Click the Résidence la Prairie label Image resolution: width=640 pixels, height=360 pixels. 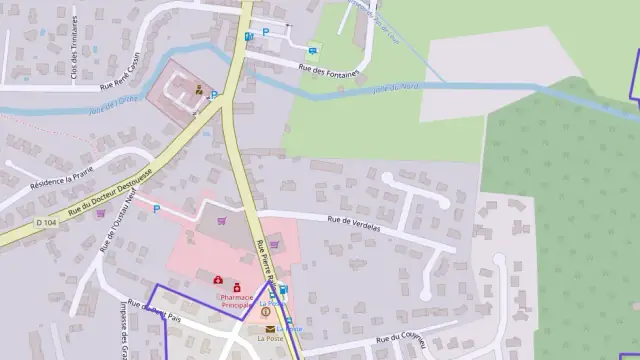(67, 181)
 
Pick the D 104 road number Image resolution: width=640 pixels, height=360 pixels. (46, 222)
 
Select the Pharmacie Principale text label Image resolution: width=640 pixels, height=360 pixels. (237, 301)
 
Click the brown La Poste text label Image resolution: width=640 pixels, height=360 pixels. (270, 339)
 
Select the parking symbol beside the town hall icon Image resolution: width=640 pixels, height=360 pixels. (213, 95)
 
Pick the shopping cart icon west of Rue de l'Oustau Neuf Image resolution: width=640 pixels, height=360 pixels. (100, 212)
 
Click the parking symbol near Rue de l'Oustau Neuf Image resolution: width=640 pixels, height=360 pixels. (156, 209)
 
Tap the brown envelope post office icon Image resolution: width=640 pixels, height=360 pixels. (270, 328)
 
